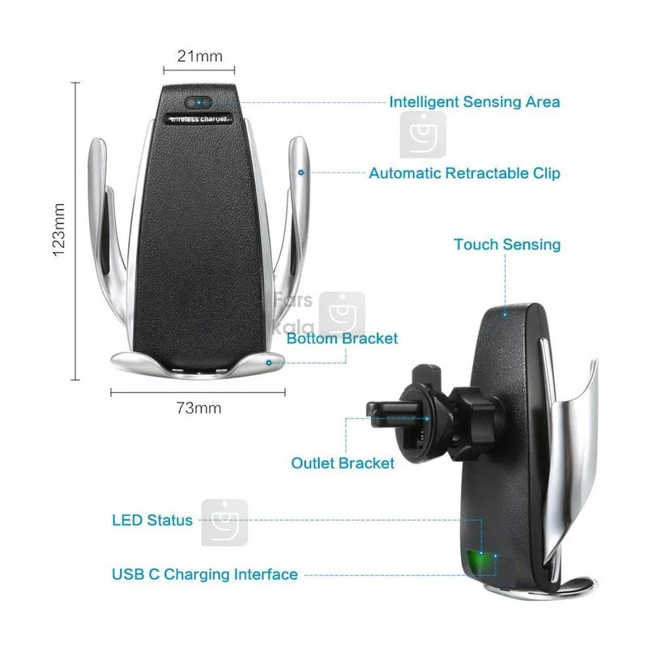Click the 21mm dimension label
point(199,56)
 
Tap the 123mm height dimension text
point(58,230)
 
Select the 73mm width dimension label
point(198,408)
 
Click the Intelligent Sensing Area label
point(475,102)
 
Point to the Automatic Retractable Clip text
point(464,173)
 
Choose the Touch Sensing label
point(507,245)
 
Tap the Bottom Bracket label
point(342,339)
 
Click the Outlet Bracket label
point(343,463)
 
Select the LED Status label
point(152,520)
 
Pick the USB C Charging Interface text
point(205,574)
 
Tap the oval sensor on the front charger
point(198,102)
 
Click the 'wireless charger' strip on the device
point(198,119)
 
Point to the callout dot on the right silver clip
point(301,173)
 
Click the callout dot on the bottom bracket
point(269,362)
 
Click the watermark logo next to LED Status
point(224,522)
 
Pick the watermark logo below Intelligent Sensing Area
point(423,134)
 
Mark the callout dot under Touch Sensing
point(505,314)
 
